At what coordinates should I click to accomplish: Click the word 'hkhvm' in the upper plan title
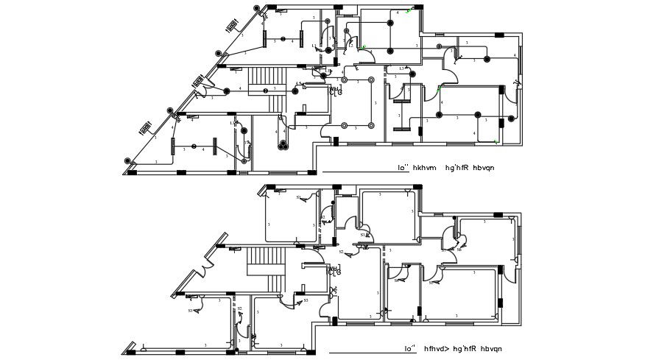click(x=424, y=168)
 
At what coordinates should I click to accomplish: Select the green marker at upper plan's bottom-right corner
click(x=496, y=140)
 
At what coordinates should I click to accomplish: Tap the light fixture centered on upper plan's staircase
click(x=267, y=91)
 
